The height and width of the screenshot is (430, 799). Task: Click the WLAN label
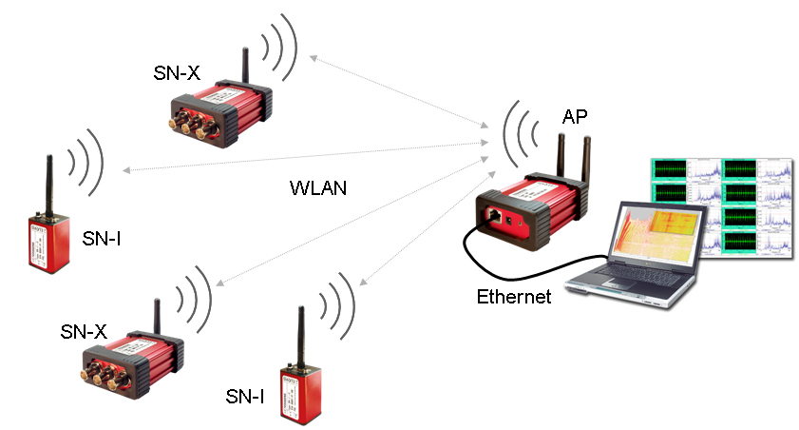pyautogui.click(x=317, y=187)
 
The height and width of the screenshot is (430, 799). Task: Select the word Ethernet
pyautogui.click(x=514, y=297)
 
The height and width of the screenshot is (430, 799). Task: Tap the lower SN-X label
pyautogui.click(x=84, y=331)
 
